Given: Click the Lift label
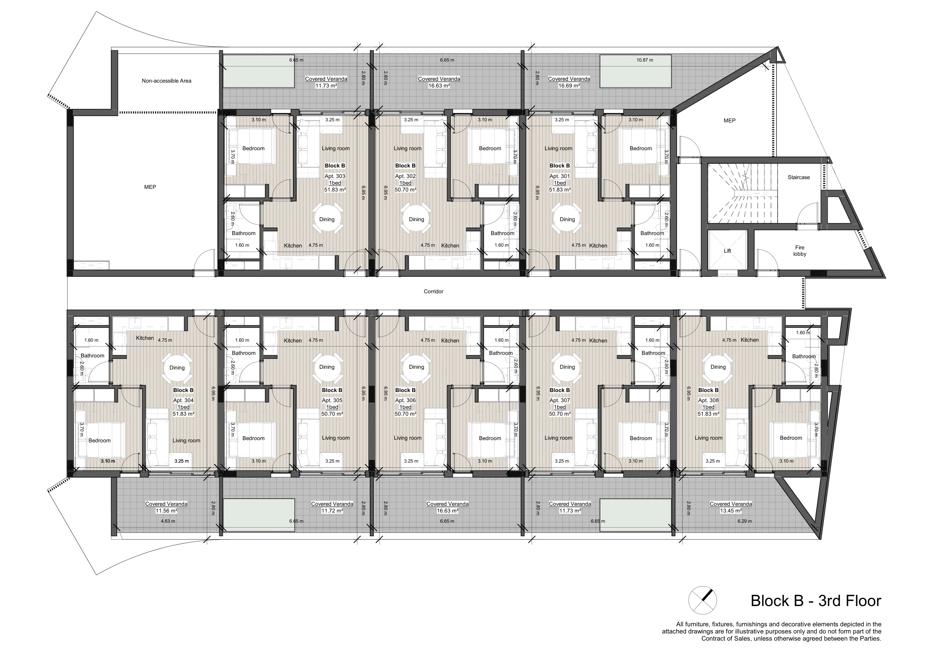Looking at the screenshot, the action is tap(727, 251).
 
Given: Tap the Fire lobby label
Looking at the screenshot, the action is tap(800, 250).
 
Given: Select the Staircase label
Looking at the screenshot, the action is tap(798, 178).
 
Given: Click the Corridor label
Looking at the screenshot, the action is tap(434, 291).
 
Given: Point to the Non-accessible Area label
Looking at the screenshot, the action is tap(166, 81).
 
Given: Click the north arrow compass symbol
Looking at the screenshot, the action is tap(703, 600).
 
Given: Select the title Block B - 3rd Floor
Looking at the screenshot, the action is tap(816, 600).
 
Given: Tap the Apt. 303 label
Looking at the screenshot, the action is tap(335, 176).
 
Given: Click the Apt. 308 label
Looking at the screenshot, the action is tap(708, 400).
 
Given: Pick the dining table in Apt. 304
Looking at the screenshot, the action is tap(177, 368).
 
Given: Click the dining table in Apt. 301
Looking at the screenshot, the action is tap(567, 219).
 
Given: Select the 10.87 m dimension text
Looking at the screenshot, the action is tap(645, 60).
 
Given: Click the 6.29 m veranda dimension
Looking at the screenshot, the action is tap(745, 521).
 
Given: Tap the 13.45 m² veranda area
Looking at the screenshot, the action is tap(731, 511).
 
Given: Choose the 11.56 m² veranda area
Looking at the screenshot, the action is tap(166, 511).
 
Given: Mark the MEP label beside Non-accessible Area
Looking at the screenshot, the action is tap(150, 187).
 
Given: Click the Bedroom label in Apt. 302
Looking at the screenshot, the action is tap(490, 149).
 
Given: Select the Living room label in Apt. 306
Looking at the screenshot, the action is tap(407, 438).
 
